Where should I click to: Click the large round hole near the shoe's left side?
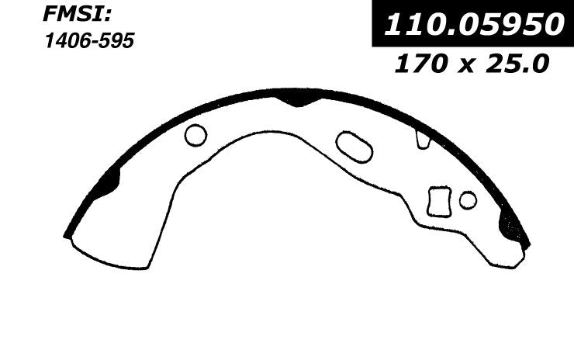coord(195,135)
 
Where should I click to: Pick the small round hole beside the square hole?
coord(468,200)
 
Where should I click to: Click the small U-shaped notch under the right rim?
coord(423,140)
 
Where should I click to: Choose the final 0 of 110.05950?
coord(550,26)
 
